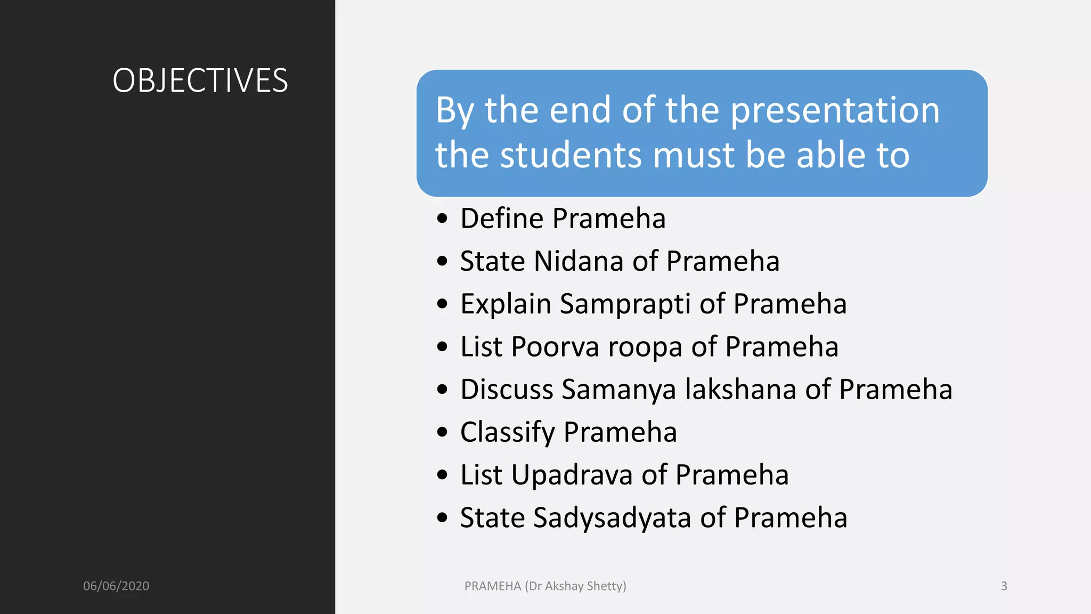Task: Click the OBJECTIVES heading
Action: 200,80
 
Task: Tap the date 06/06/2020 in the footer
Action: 116,586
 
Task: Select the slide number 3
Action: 1004,586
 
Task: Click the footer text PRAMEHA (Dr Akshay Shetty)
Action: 545,586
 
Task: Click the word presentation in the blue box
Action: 834,111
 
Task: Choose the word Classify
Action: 508,432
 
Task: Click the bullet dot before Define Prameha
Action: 442,219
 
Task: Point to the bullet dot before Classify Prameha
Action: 442,432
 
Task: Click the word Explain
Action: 506,304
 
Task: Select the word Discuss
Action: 507,389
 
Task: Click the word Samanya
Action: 619,390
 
